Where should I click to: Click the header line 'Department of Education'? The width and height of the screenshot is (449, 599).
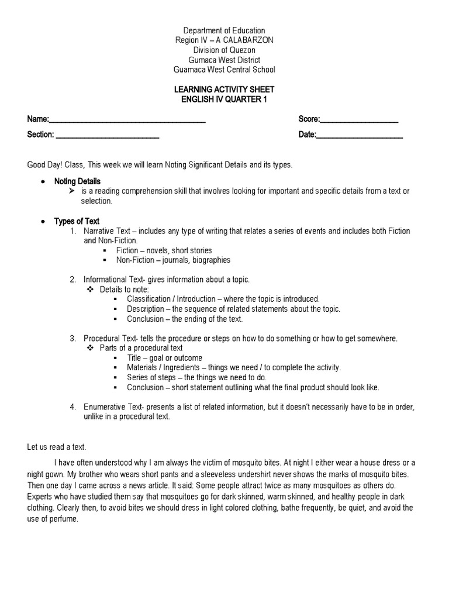point(224,30)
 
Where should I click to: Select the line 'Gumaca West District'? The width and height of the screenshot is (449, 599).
point(224,60)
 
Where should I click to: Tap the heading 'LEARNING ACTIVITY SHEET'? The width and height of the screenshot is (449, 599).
point(224,89)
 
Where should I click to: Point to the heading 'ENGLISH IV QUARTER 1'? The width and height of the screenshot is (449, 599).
point(224,99)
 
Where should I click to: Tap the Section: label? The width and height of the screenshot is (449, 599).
point(40,135)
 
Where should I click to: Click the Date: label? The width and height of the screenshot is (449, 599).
point(307,135)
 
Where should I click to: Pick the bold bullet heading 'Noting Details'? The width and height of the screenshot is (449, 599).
point(77,181)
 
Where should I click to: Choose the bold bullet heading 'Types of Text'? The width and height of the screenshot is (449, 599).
point(77,221)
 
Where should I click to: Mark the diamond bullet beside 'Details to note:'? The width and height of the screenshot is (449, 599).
point(90,290)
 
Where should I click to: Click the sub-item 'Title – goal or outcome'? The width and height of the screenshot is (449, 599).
point(164,358)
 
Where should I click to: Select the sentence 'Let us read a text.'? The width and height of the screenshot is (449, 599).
point(57,447)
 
